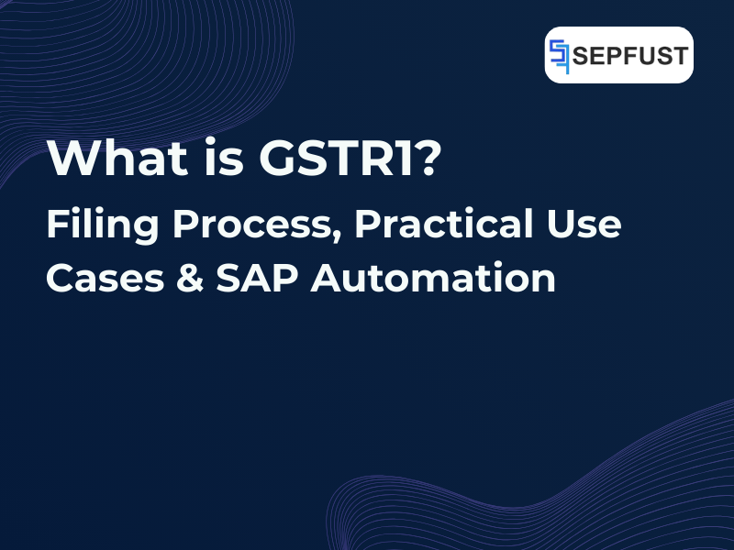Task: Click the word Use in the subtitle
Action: (x=585, y=225)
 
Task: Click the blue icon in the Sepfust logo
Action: (x=561, y=56)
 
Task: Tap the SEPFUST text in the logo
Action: (x=631, y=56)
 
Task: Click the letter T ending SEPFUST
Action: (x=680, y=56)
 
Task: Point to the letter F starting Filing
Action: (x=56, y=225)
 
